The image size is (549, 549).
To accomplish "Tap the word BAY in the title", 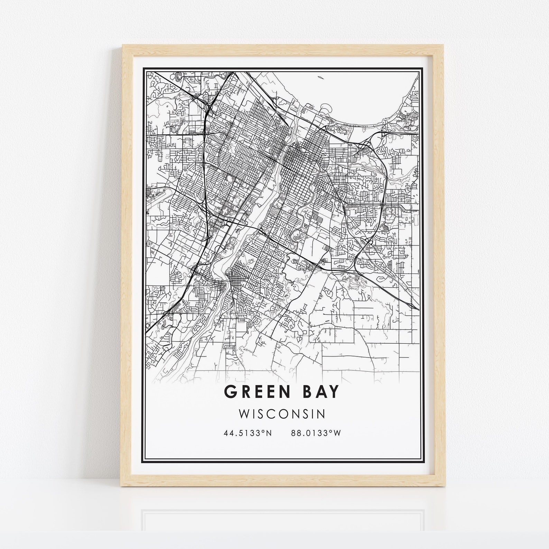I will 322,392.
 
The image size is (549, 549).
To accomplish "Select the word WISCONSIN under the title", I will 282,414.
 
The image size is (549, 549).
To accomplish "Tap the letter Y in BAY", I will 334,392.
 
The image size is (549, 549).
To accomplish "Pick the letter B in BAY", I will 308,392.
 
